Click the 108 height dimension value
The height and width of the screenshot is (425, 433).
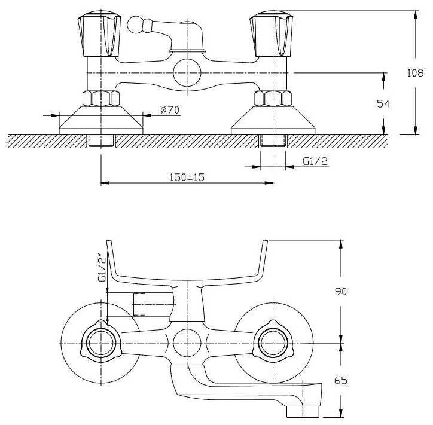click(415, 73)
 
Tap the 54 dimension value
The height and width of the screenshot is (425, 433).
click(383, 104)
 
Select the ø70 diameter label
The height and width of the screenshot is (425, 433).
click(170, 110)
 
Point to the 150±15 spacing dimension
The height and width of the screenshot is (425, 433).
click(187, 177)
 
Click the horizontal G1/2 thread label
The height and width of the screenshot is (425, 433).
click(315, 161)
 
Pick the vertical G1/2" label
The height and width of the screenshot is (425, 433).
click(102, 267)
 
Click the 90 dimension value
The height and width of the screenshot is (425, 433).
click(341, 292)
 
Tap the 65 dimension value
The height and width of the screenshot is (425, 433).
click(340, 380)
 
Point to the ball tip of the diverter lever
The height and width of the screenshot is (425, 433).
click(135, 25)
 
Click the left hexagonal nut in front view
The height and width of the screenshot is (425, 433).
click(101, 98)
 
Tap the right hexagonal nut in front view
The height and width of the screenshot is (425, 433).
click(273, 98)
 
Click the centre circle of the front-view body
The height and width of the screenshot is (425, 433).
click(187, 73)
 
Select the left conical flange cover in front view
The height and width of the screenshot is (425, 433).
click(101, 120)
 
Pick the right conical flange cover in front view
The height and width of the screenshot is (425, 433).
click(273, 120)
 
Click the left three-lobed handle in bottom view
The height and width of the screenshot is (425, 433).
click(101, 343)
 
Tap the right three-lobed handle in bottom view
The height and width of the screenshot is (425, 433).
click(273, 343)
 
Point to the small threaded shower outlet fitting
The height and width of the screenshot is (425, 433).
click(139, 304)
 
